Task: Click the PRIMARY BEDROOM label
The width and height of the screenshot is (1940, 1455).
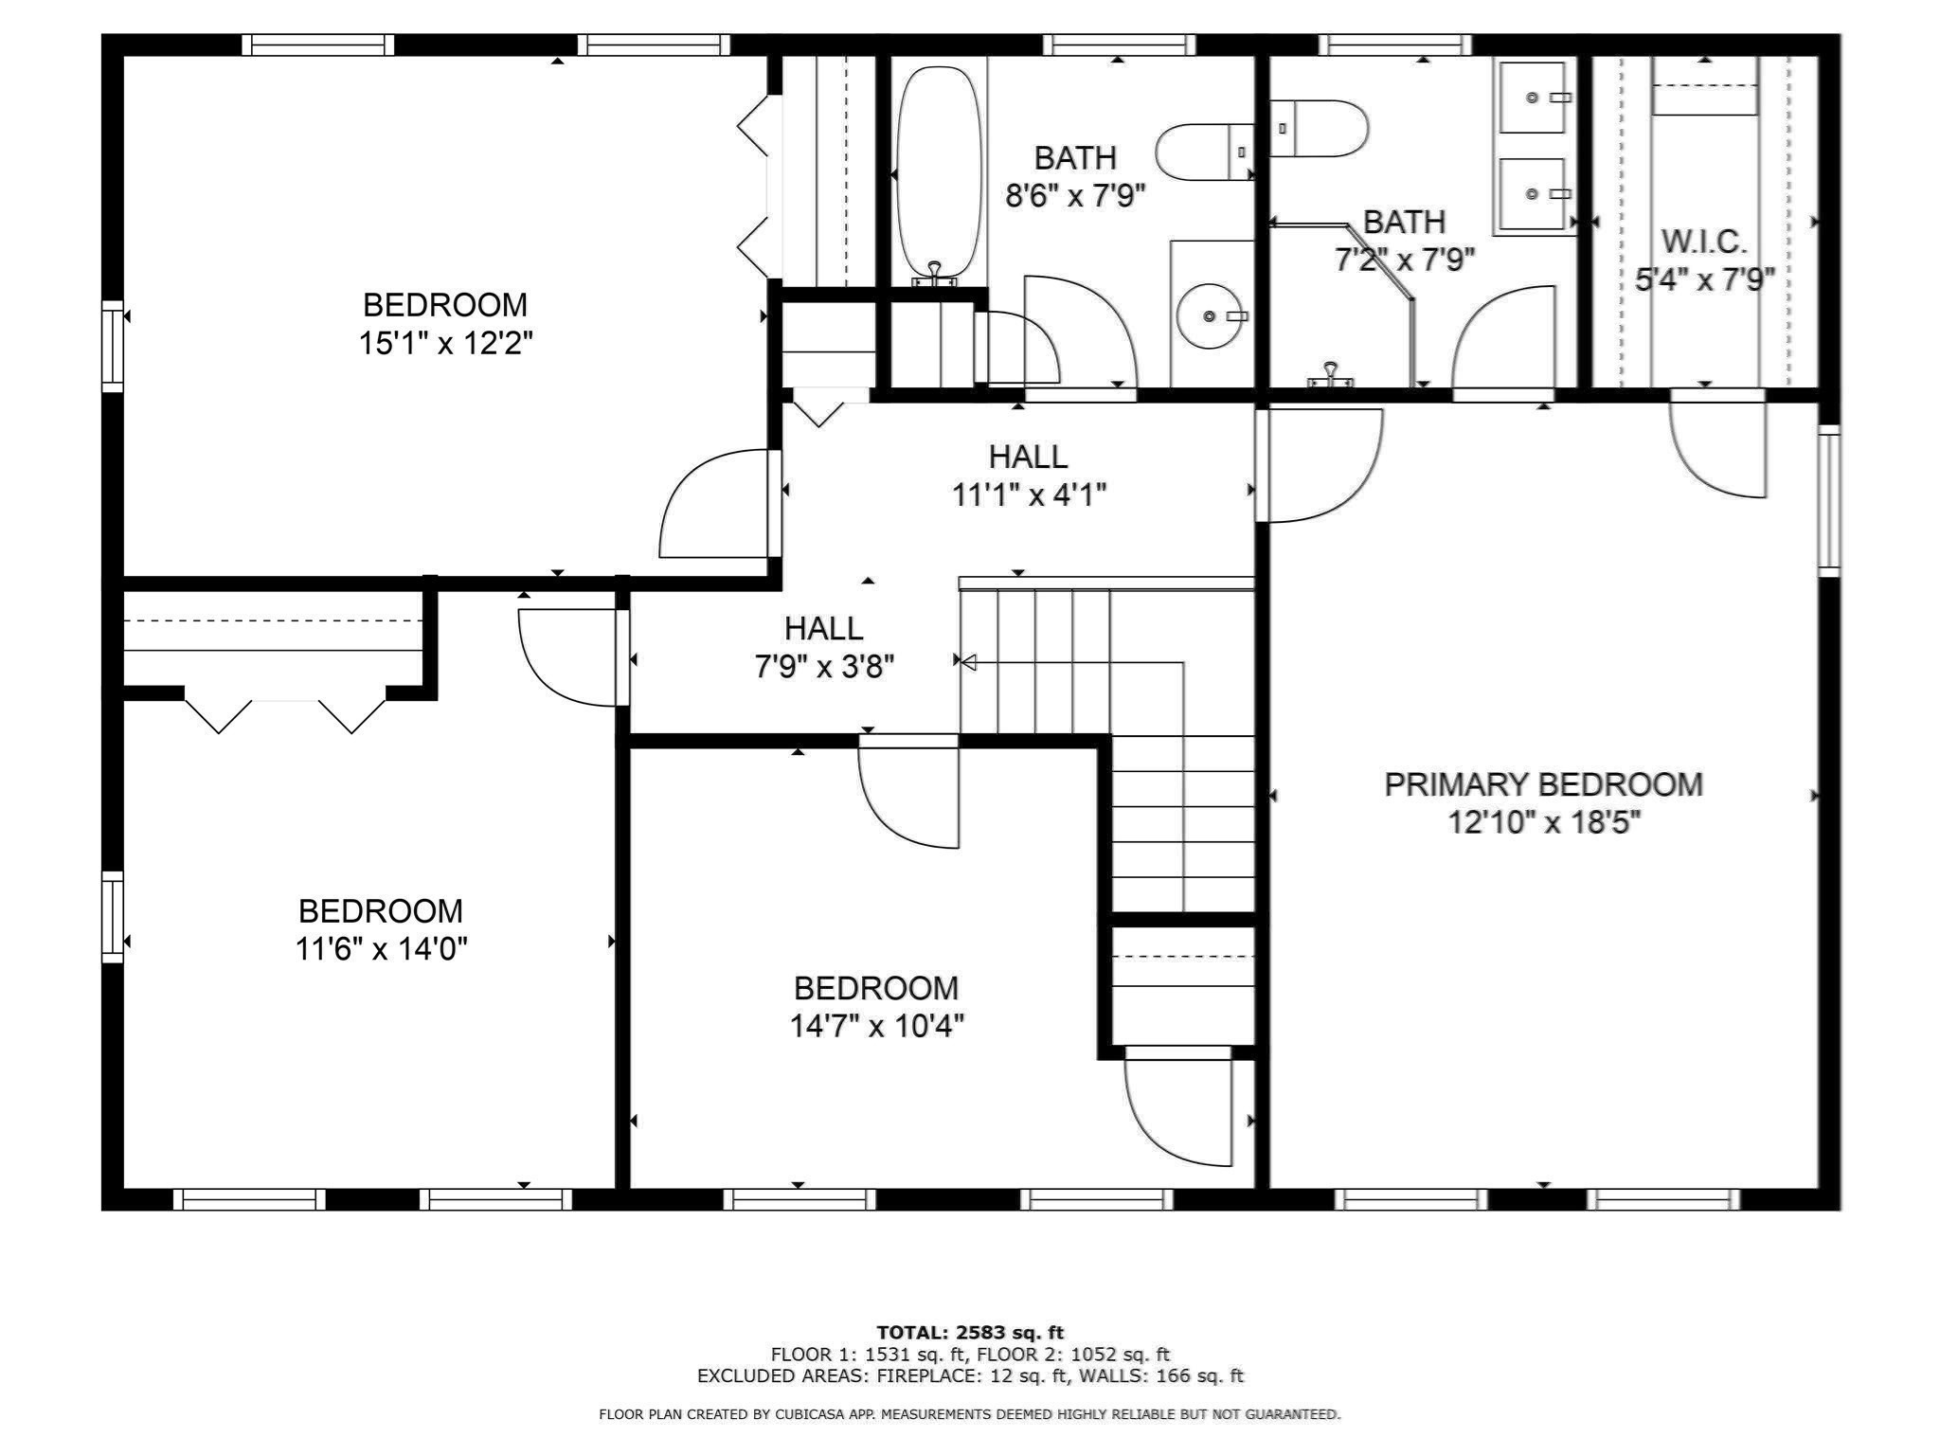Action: point(1543,784)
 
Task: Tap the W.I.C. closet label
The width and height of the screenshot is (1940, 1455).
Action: point(1703,242)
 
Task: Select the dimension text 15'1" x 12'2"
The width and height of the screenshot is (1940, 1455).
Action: point(445,343)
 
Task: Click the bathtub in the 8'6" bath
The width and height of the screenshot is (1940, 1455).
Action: point(938,171)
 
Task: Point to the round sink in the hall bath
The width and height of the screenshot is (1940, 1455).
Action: point(1211,315)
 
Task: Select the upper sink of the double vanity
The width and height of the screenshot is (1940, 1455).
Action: point(1532,98)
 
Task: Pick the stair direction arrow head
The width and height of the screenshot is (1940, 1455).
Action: point(968,663)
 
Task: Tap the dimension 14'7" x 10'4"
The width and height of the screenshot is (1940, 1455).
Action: point(877,1026)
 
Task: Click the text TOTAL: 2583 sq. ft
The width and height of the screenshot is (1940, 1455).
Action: point(970,1333)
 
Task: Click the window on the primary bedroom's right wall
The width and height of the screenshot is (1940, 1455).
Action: point(1828,500)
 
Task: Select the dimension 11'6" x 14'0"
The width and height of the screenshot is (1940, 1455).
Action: point(381,948)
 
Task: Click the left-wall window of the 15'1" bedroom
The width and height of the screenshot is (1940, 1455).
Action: point(113,346)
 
